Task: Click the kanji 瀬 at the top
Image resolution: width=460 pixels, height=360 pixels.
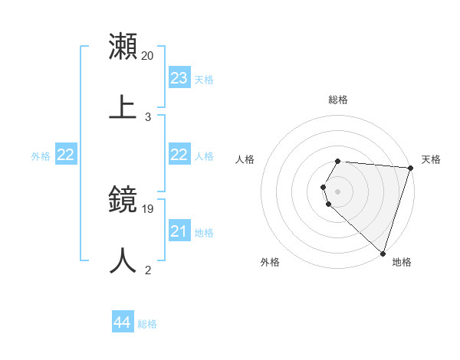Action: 123,45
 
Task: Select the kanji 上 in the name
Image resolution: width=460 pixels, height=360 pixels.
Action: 123,107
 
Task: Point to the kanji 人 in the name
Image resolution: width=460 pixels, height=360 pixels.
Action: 123,260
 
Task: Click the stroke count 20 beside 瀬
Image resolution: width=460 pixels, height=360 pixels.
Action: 148,55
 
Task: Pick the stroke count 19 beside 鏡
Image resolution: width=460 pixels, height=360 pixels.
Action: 148,208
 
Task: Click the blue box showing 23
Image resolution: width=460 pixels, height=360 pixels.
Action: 179,78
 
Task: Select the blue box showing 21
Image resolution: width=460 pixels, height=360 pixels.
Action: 179,231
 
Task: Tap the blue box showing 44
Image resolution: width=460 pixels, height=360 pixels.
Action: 123,323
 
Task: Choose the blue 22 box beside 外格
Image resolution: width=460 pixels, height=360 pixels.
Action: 66,155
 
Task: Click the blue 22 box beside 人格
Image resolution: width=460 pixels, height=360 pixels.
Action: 179,155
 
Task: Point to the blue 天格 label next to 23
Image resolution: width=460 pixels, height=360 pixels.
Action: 204,80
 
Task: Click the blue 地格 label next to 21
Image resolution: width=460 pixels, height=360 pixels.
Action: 204,233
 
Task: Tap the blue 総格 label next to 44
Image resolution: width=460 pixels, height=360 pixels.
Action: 147,325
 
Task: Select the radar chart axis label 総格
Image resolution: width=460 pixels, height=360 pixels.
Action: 338,100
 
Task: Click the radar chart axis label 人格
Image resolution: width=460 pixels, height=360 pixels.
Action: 245,159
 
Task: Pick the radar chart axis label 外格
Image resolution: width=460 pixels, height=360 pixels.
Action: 270,262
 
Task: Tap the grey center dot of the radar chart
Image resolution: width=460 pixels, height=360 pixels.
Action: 338,191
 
